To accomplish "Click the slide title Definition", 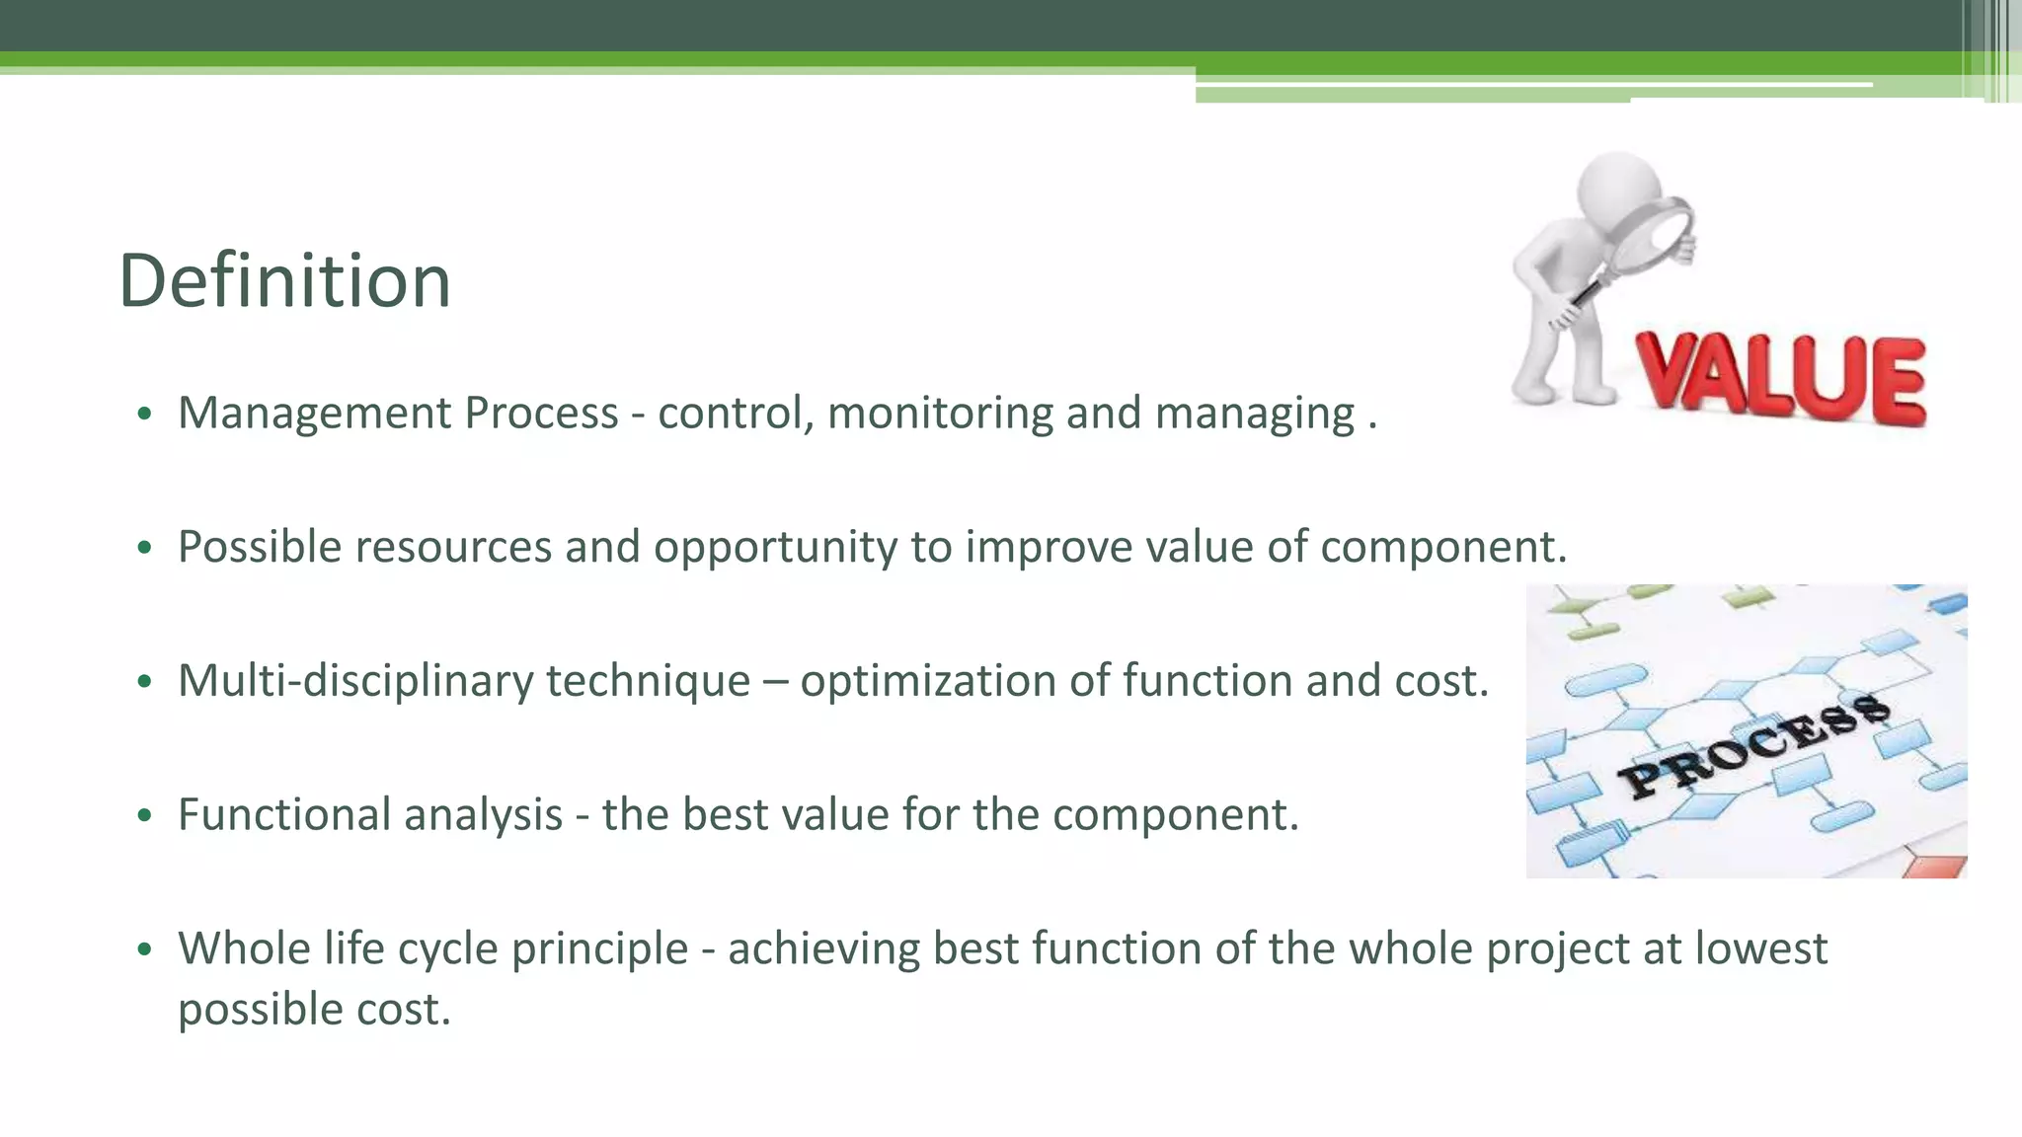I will click(284, 281).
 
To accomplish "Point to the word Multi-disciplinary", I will click(354, 681).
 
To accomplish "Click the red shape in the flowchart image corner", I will click(1934, 867).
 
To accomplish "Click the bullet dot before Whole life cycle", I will click(145, 950).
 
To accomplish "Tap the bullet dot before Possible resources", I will click(145, 549).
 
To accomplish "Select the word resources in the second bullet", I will click(453, 548).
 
